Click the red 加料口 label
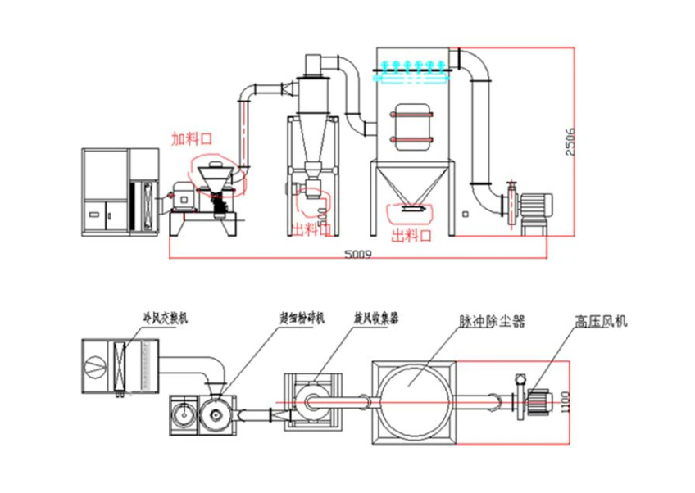coord(191,138)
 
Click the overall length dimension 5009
coord(359,255)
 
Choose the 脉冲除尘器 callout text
coord(492,321)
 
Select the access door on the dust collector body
coord(412,127)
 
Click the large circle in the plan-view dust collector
coord(414,400)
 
